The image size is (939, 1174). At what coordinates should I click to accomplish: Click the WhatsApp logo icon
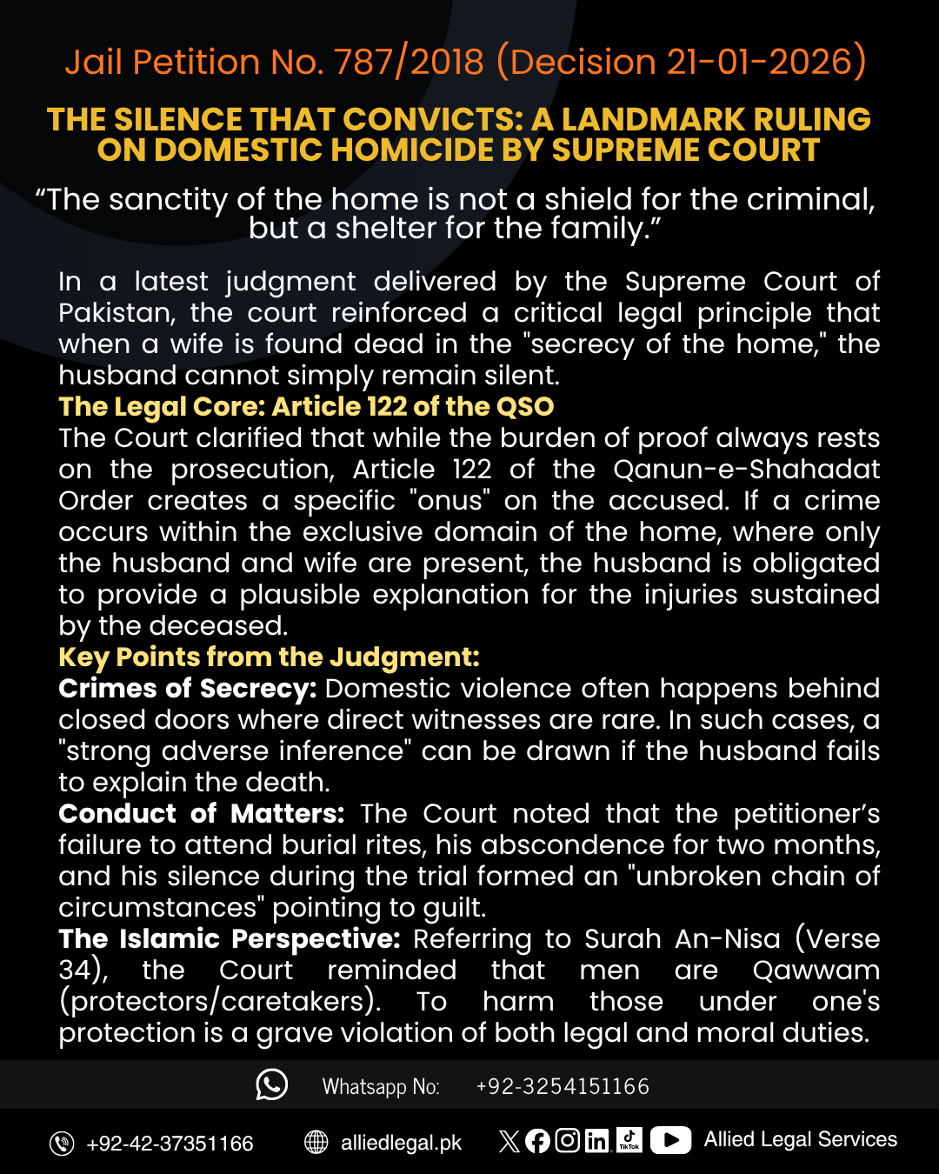tap(271, 1084)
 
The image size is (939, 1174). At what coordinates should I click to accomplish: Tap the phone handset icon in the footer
tap(62, 1144)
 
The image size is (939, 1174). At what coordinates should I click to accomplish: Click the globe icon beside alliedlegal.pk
tap(316, 1142)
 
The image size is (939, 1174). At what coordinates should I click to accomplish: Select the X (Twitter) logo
tap(509, 1141)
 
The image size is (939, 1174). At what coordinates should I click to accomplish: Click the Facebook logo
tap(537, 1141)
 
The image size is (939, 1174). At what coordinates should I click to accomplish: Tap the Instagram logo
tap(567, 1140)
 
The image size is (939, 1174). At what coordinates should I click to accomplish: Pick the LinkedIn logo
tap(597, 1141)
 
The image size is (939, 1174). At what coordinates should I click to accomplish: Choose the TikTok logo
tap(629, 1139)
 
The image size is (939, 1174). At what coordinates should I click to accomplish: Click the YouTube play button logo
tap(670, 1140)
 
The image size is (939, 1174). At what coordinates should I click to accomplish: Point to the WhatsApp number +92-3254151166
tap(563, 1087)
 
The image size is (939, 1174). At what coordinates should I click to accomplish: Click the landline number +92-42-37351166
tap(170, 1144)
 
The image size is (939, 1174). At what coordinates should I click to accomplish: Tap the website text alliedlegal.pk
tap(401, 1143)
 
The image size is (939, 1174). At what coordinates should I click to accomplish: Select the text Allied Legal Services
tap(800, 1139)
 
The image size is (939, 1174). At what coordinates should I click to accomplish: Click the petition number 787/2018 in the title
tap(409, 63)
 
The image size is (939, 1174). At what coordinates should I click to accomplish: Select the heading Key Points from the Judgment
tap(269, 657)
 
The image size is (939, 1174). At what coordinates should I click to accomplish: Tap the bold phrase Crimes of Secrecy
tap(187, 689)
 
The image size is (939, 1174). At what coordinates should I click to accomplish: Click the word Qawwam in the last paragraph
tap(816, 971)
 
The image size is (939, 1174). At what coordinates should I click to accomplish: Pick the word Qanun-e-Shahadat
tap(746, 470)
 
